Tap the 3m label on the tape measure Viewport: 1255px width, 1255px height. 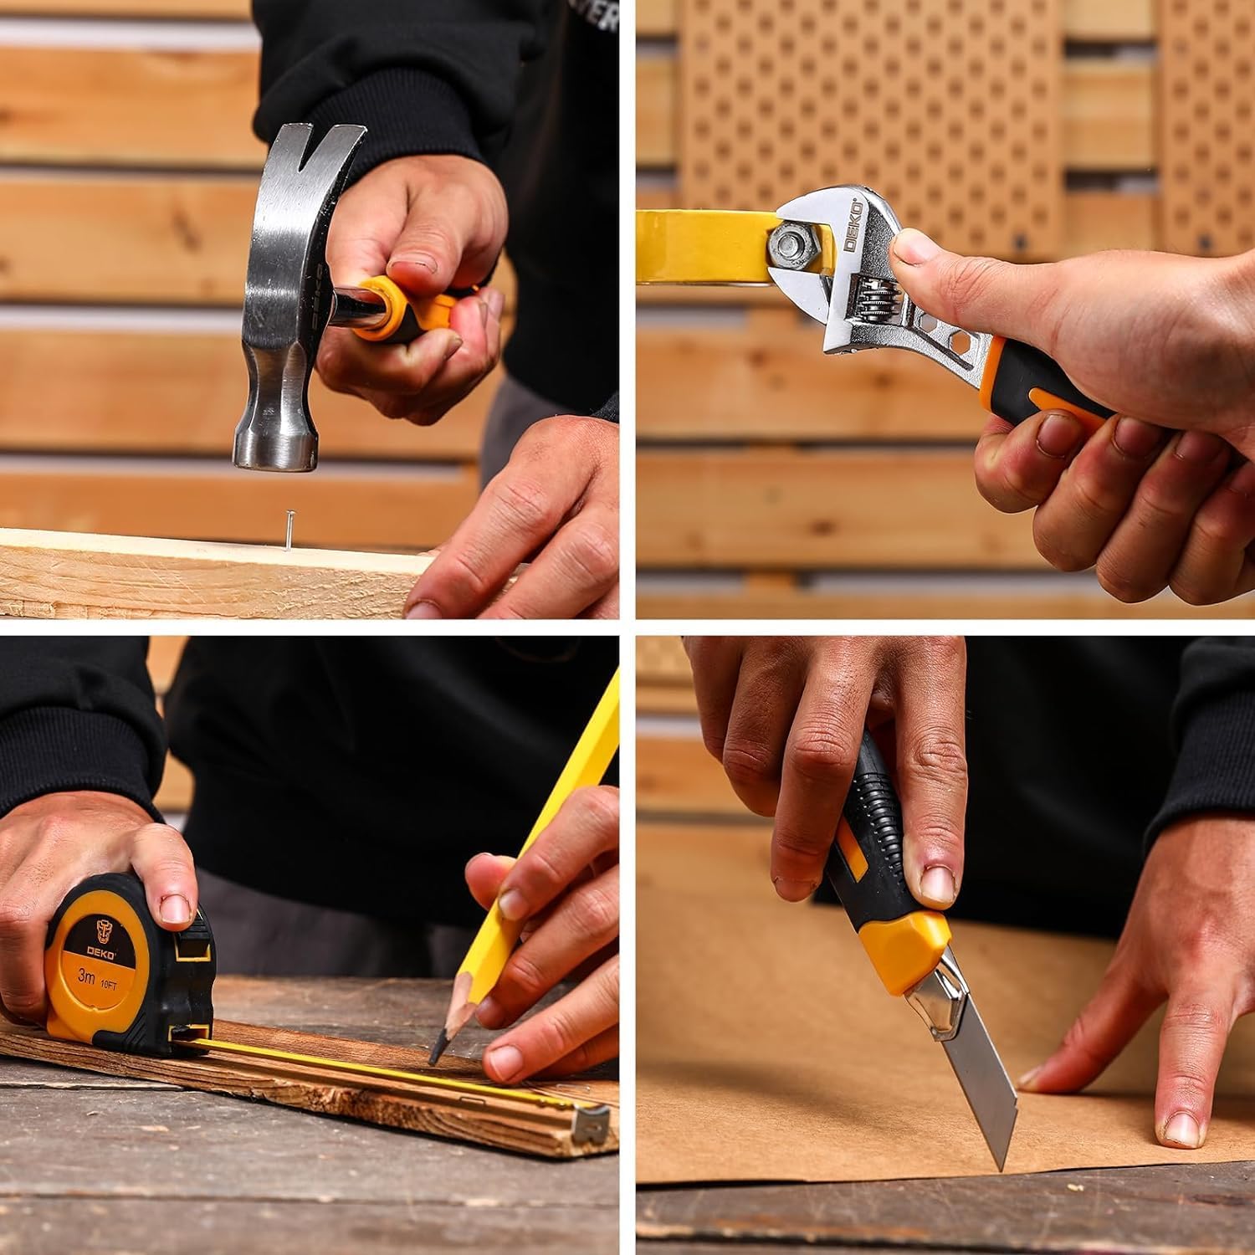point(86,976)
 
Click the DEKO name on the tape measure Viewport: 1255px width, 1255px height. point(100,951)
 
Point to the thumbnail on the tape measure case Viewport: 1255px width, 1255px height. point(176,909)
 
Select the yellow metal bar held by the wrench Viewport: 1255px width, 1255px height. point(703,247)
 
